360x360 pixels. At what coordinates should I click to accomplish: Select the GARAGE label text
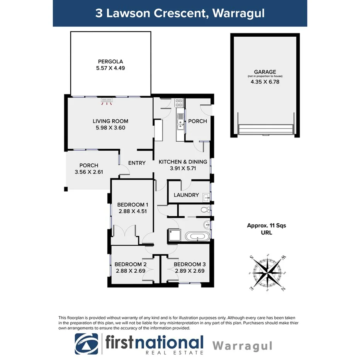[x=265, y=72]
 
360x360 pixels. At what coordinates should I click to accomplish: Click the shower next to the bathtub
[x=174, y=235]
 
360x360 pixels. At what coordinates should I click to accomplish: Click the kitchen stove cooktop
[x=179, y=103]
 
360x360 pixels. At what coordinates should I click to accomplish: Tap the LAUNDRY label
[x=186, y=195]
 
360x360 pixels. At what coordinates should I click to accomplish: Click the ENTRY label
[x=137, y=163]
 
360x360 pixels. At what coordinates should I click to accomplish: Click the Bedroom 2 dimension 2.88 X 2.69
[x=130, y=271]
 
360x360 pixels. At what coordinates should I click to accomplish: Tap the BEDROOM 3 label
[x=190, y=264]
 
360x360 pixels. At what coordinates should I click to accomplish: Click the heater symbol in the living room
[x=107, y=101]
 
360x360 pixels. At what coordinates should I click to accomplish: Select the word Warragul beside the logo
[x=242, y=345]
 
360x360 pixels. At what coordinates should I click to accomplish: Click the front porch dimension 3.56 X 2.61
[x=89, y=172]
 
